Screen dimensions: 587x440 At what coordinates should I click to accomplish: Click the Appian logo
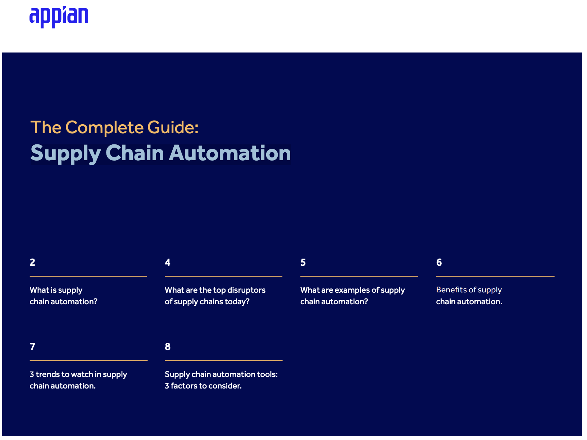tap(59, 17)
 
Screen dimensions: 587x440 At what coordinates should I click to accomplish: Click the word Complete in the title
tap(105, 128)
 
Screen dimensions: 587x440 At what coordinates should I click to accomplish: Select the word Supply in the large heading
tap(65, 154)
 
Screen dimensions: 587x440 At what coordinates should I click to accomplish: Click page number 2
tap(32, 262)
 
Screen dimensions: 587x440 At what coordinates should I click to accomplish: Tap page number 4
tap(168, 262)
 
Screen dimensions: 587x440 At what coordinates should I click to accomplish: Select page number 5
tap(303, 262)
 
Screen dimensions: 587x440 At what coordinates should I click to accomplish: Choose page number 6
tap(439, 262)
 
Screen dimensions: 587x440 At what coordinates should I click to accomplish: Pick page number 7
tap(32, 347)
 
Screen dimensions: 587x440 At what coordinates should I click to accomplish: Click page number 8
tap(168, 347)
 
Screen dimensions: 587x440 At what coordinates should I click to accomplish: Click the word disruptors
tap(247, 290)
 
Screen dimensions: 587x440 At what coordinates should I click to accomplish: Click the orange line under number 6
tap(495, 276)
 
